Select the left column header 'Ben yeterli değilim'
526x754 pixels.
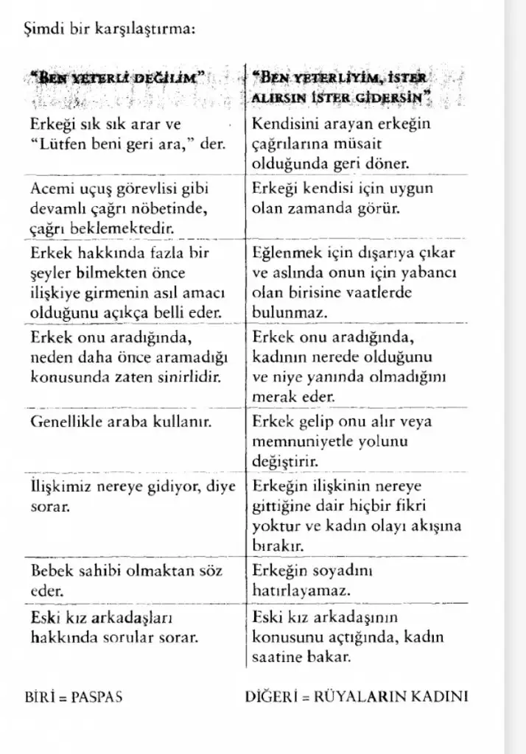click(119, 76)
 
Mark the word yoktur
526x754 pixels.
click(272, 526)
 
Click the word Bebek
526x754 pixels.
click(50, 571)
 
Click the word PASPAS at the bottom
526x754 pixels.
click(95, 696)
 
